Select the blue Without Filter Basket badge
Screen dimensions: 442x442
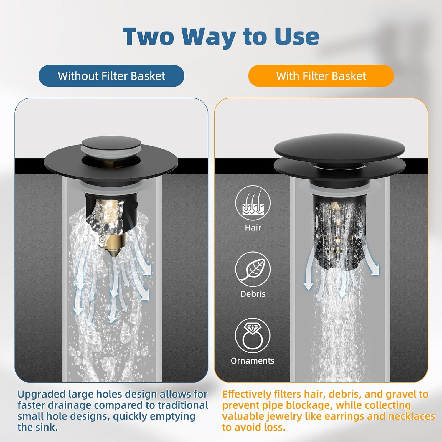pyautogui.click(x=111, y=76)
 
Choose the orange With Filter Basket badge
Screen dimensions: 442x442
pyautogui.click(x=321, y=76)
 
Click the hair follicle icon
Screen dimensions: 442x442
pyautogui.click(x=253, y=203)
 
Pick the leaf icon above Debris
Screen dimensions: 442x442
pyautogui.click(x=253, y=269)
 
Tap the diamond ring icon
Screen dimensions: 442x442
pyautogui.click(x=253, y=335)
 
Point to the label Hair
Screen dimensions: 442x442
pyautogui.click(x=253, y=227)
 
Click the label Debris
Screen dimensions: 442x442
pyautogui.click(x=253, y=294)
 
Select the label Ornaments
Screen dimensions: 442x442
pyautogui.click(x=253, y=361)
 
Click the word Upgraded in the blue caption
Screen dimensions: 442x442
pyautogui.click(x=42, y=394)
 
